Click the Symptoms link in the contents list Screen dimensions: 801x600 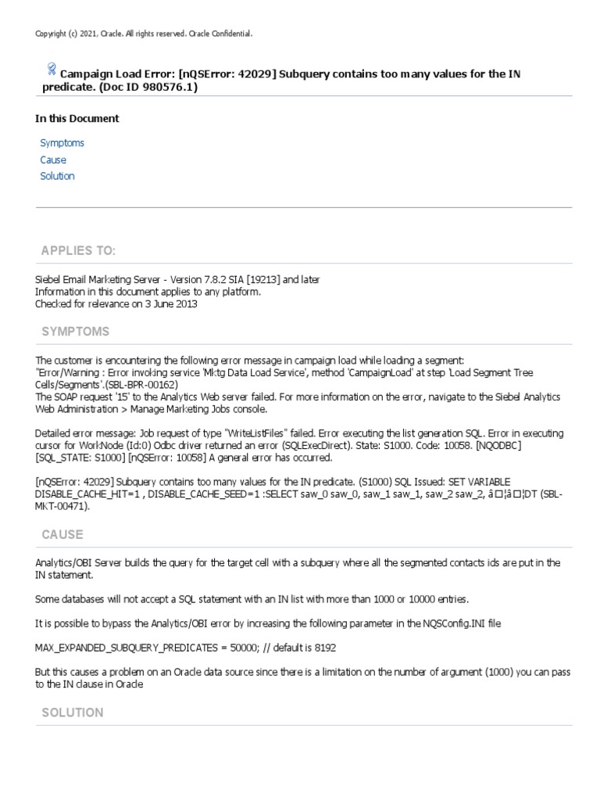pyautogui.click(x=62, y=143)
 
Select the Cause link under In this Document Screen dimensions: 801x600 pyautogui.click(x=53, y=160)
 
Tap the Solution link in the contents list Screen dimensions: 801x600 pyautogui.click(x=57, y=176)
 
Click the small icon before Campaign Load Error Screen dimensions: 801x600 pyautogui.click(x=52, y=70)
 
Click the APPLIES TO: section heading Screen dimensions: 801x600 pyautogui.click(x=78, y=250)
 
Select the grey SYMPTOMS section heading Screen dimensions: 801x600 pyautogui.click(x=75, y=332)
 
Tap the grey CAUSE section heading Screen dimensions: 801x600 pyautogui.click(x=62, y=534)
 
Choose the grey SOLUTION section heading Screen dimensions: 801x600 pyautogui.click(x=73, y=713)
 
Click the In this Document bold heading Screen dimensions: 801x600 pyautogui.click(x=77, y=119)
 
